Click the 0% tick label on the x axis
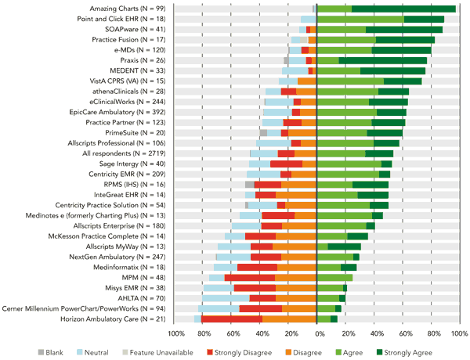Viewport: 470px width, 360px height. (316, 334)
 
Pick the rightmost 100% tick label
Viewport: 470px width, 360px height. (458, 334)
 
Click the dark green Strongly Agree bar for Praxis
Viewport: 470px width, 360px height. (383, 59)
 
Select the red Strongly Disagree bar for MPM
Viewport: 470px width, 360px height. (250, 278)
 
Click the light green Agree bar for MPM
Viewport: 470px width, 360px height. (334, 278)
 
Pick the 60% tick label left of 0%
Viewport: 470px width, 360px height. (231, 334)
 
